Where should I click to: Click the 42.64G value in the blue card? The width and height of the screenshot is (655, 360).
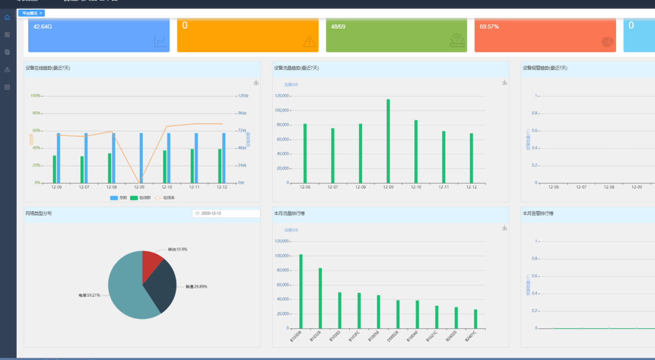pos(43,27)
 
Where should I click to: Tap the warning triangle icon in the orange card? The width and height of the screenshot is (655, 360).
pos(310,42)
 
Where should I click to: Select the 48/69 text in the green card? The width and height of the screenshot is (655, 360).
pos(338,27)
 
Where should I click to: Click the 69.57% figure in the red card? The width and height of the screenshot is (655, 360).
pos(489,27)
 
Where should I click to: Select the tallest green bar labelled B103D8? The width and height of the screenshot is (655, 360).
pos(301,291)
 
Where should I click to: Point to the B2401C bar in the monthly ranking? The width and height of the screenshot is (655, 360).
pos(475,319)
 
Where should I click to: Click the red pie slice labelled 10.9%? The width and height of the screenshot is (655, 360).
pos(152,261)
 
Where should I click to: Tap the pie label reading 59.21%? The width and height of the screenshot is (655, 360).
pos(89,295)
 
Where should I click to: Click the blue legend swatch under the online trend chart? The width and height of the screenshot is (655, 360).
pos(114,198)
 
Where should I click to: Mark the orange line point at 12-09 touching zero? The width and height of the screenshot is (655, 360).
pos(139,183)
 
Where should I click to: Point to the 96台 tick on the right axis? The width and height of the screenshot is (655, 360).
pos(242,113)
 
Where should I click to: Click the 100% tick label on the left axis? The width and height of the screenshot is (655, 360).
pos(35,95)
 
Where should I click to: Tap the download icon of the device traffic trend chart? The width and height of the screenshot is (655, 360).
pos(505,83)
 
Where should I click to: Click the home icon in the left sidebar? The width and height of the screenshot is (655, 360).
pos(7,18)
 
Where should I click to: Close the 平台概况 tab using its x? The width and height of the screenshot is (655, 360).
pos(41,13)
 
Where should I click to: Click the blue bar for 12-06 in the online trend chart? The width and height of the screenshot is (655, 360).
pos(58,158)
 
